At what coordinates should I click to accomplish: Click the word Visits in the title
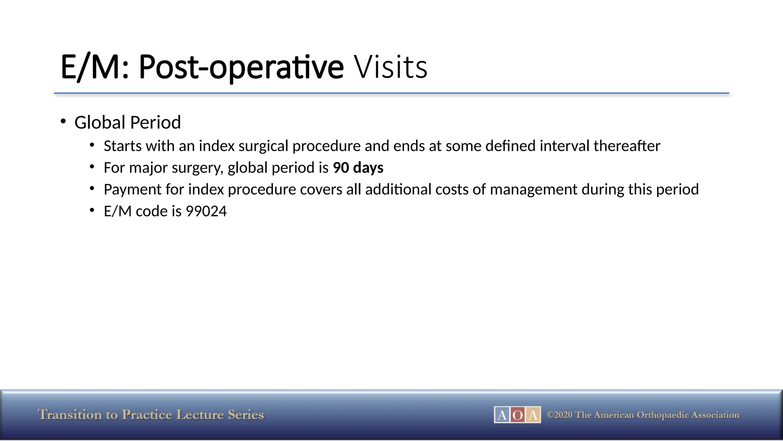click(x=390, y=67)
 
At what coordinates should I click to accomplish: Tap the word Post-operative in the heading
click(x=241, y=67)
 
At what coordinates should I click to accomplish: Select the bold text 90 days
click(x=358, y=168)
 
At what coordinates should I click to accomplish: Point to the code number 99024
click(x=206, y=211)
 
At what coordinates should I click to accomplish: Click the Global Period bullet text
click(x=127, y=122)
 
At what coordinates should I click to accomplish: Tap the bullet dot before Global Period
click(x=63, y=121)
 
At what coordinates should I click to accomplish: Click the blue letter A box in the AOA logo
click(x=502, y=415)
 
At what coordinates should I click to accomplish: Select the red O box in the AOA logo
click(x=517, y=415)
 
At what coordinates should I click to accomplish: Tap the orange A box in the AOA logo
click(x=533, y=415)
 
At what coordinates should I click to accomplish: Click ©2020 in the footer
click(x=560, y=415)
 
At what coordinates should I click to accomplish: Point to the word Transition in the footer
click(x=70, y=415)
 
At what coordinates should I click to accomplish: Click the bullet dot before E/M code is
click(x=92, y=210)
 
